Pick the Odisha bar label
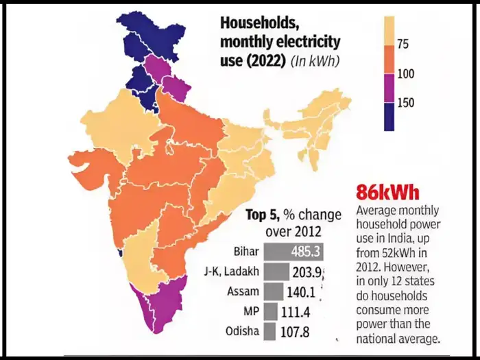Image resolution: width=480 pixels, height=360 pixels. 241,332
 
